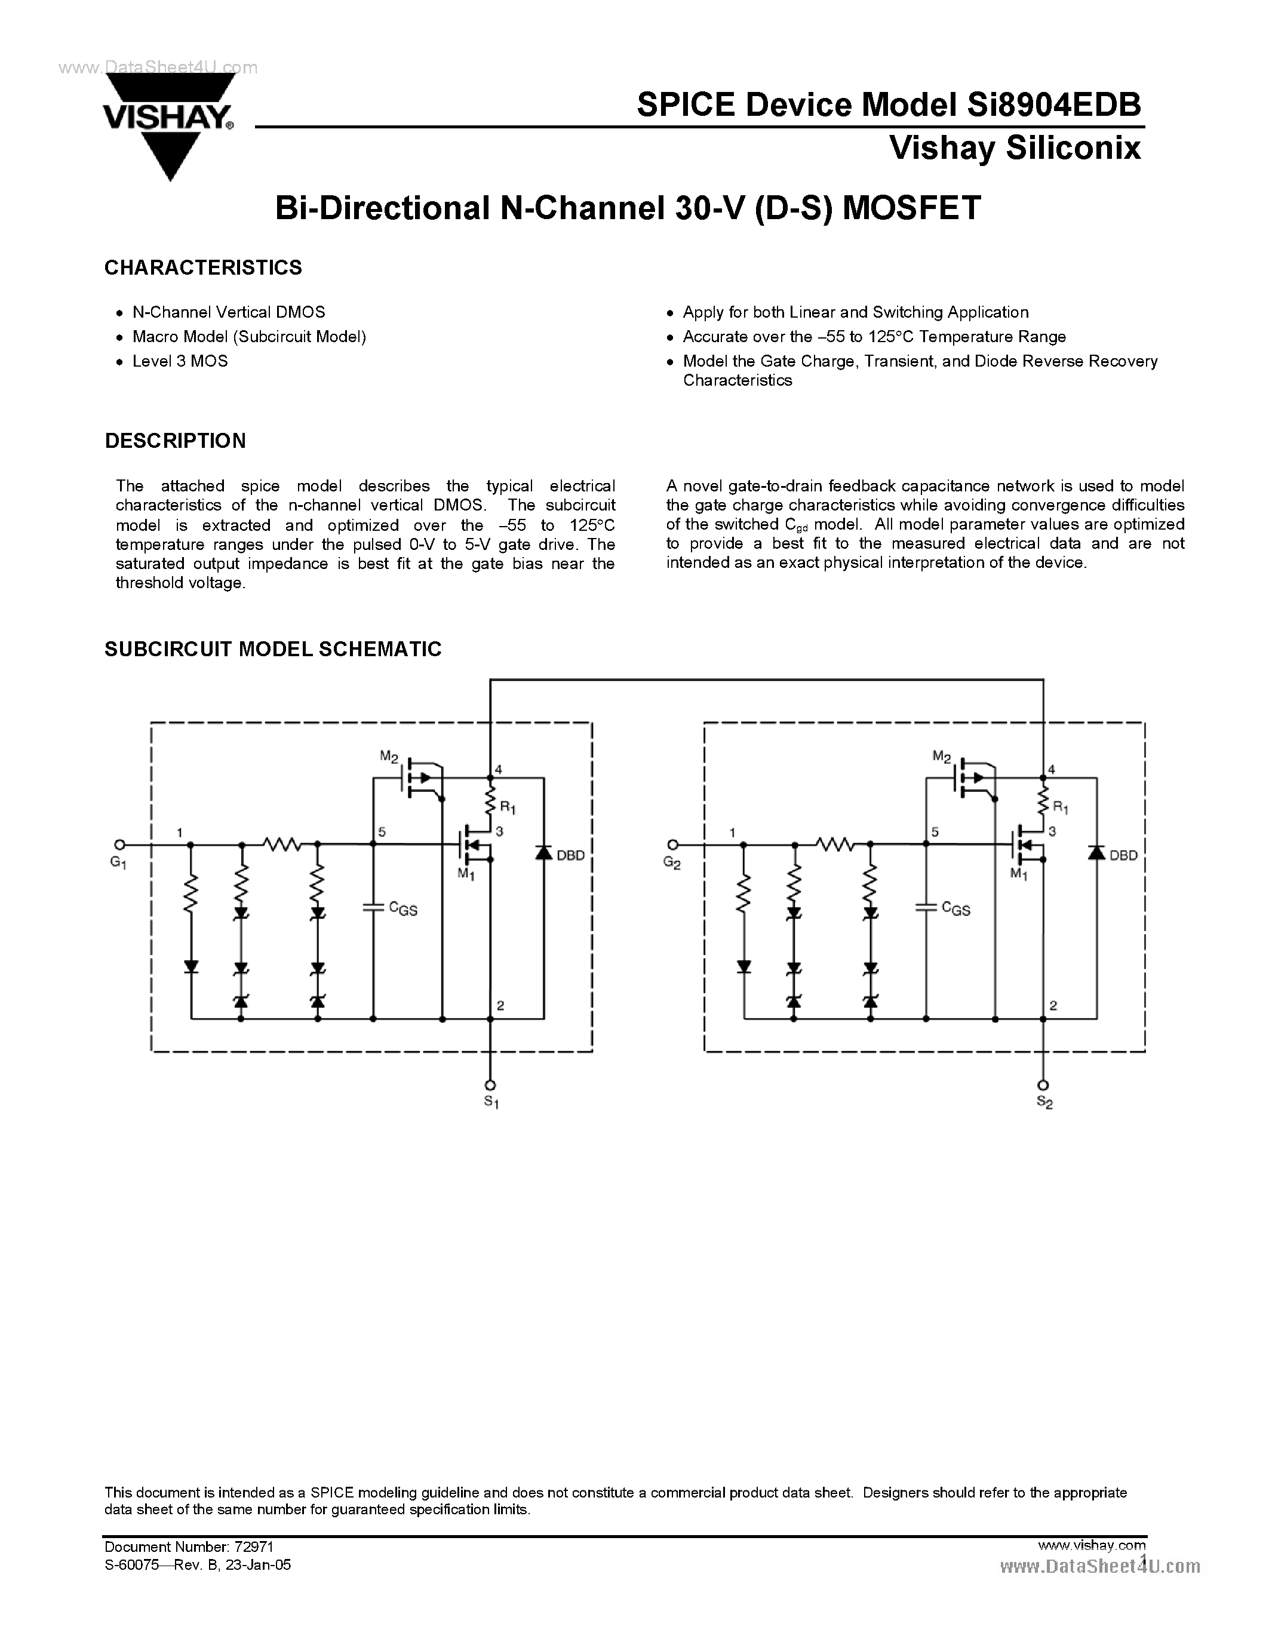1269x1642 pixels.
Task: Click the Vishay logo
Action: tap(169, 124)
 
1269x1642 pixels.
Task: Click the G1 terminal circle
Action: tap(119, 844)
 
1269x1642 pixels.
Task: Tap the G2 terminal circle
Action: tap(672, 844)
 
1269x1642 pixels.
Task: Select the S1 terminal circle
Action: tap(490, 1084)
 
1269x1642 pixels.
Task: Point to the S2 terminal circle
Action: tap(1043, 1084)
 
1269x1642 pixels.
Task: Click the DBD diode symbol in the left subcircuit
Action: tap(543, 853)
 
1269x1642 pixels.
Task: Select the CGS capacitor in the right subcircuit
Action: tap(926, 908)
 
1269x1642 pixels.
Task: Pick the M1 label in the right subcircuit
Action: tap(1019, 874)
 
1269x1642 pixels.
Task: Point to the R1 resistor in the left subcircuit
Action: tap(491, 800)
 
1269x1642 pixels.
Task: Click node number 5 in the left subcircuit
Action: tap(382, 832)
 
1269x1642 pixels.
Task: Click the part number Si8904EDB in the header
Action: tap(1051, 104)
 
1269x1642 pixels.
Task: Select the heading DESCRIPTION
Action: tap(175, 441)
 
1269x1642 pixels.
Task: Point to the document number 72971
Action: tap(254, 1546)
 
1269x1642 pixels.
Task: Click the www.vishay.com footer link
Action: tap(1091, 1545)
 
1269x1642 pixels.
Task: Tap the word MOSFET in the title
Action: tap(911, 208)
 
